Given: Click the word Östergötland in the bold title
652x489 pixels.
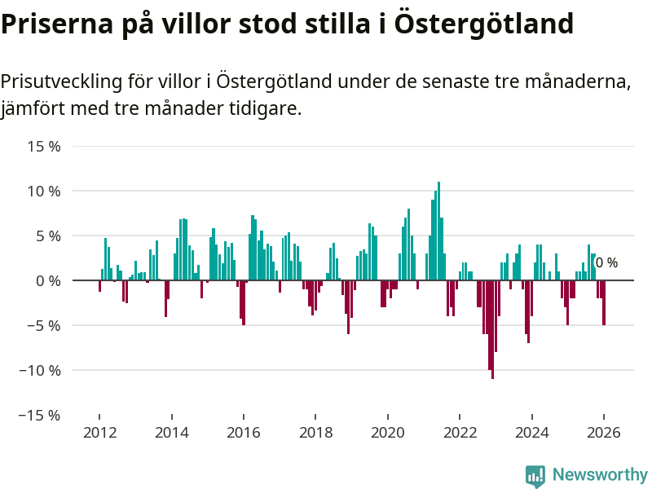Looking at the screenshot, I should coord(484,24).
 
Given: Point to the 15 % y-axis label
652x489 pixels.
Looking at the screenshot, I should coord(45,147).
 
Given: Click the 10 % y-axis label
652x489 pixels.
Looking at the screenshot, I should coord(45,192).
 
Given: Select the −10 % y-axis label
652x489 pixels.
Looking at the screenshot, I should coord(41,370).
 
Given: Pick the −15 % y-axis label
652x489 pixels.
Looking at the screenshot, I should coord(41,415).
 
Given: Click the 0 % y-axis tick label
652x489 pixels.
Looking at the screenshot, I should coord(48,280).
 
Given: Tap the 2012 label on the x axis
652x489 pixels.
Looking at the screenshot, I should coord(99,433).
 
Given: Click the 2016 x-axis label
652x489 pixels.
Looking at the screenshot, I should coord(243,433).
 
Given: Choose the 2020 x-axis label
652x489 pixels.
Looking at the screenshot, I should coord(387,433).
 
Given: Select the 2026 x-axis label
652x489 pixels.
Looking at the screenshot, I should coord(604,433).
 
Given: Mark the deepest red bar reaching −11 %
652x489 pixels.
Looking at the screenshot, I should coord(492,329).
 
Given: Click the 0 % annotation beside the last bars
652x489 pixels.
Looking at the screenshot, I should coord(606,263).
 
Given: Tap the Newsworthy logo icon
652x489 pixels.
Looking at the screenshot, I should coord(535,476).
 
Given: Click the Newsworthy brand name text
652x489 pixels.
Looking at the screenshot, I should coord(600,475).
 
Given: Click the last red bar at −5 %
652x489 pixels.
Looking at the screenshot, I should coord(604,302).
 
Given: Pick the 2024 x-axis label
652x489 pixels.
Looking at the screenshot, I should coord(532,433).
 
